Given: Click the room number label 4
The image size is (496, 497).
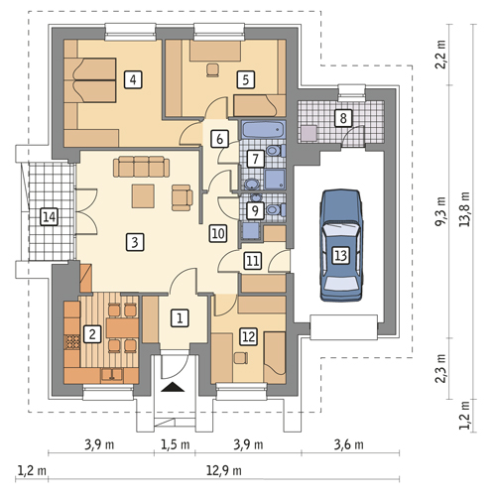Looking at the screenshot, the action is point(133,79).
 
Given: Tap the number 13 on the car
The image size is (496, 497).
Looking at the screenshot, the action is point(341,255).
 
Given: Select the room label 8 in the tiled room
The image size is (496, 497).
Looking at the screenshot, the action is point(343,118).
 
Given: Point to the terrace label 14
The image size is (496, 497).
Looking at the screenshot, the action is point(49,217).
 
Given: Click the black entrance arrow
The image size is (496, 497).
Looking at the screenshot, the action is point(173,387).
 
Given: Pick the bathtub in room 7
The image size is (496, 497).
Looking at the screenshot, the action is point(264,129).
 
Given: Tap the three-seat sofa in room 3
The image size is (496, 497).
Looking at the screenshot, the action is point(141,167).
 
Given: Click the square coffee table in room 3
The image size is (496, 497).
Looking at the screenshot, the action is point(143,196).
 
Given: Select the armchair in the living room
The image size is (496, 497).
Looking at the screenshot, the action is point(182,197).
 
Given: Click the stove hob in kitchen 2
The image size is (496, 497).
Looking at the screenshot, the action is point(72,342).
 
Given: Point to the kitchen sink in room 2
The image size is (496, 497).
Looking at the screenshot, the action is point(112,375).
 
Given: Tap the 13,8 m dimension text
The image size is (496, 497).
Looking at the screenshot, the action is point(465,209).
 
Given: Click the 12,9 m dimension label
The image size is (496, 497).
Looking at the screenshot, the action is point(224,470).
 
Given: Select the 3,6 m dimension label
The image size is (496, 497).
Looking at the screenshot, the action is point(348,444).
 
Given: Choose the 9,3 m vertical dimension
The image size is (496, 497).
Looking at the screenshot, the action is point(440,211).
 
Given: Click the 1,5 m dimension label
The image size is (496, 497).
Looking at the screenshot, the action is point(176,444).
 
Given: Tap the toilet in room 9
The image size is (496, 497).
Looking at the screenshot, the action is point(276,209).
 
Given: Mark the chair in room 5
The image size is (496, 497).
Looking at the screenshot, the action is point(212,70).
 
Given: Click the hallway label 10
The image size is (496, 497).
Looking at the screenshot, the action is point(218,233).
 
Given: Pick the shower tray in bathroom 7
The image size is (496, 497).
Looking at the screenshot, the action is point(275,180).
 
